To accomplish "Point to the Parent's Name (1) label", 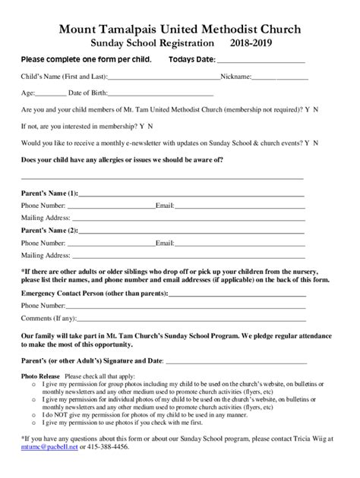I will pos(49,193).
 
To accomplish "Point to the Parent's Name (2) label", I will pos(49,230).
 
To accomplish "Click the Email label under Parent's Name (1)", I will pos(165,206).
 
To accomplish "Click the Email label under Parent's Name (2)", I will pos(165,243).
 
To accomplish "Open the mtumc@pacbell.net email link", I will pos(49,448).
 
